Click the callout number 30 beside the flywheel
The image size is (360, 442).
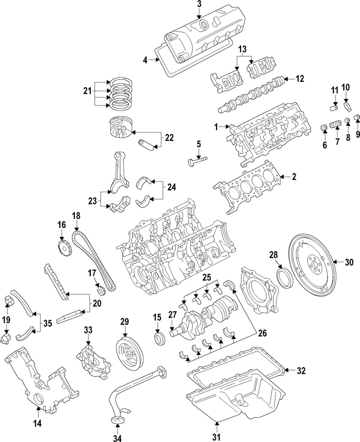coord(349,262)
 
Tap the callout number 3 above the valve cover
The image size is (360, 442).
coord(199,5)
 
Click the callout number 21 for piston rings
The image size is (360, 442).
coord(87,92)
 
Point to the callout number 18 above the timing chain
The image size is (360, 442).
coord(76,215)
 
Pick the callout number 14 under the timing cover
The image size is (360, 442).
coord(37,423)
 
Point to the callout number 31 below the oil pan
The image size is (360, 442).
coord(216,436)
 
